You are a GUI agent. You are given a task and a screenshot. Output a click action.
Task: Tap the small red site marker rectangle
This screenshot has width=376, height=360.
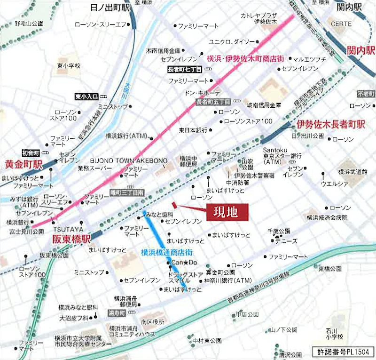click(174, 204)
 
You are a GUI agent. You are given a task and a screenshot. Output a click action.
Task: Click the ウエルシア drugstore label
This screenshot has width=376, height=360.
click(334, 184)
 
